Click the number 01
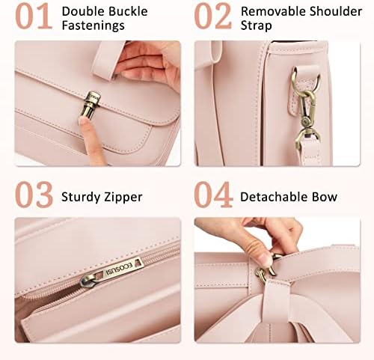pyautogui.click(x=34, y=16)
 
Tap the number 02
pyautogui.click(x=213, y=16)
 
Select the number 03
pyautogui.click(x=34, y=195)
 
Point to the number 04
pyautogui.click(x=213, y=195)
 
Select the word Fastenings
pyautogui.click(x=93, y=26)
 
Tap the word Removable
pyautogui.click(x=273, y=11)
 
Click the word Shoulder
pyautogui.click(x=336, y=11)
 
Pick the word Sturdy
pyautogui.click(x=81, y=198)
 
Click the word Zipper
pyautogui.click(x=123, y=198)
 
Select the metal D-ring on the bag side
pyautogui.click(x=305, y=81)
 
